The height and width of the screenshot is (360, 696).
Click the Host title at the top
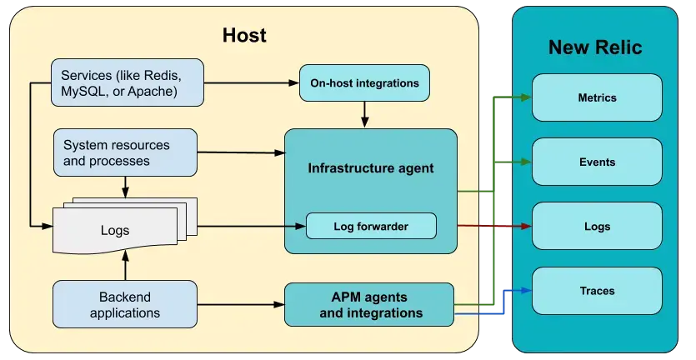243,35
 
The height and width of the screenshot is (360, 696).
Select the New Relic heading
594,47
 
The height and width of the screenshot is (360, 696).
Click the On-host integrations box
364,83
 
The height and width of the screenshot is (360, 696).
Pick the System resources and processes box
125,152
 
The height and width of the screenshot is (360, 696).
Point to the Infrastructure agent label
370,168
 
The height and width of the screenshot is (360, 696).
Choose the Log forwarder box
371,226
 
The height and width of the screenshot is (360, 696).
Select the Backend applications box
125,303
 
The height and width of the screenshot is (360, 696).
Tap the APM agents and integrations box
370,304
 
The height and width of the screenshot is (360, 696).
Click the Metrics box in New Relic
597,97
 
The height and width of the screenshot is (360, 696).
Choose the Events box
597,162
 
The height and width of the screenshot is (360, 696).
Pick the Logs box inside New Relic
597,226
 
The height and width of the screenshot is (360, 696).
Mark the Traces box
597,291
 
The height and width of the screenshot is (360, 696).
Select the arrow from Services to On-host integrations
250,83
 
